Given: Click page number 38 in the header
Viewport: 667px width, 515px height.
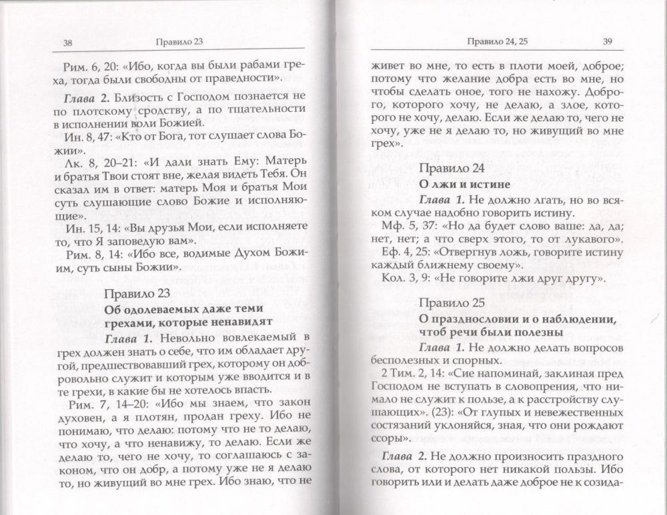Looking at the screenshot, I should [67, 44].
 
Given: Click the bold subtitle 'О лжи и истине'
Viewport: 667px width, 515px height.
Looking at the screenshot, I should [456, 183].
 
